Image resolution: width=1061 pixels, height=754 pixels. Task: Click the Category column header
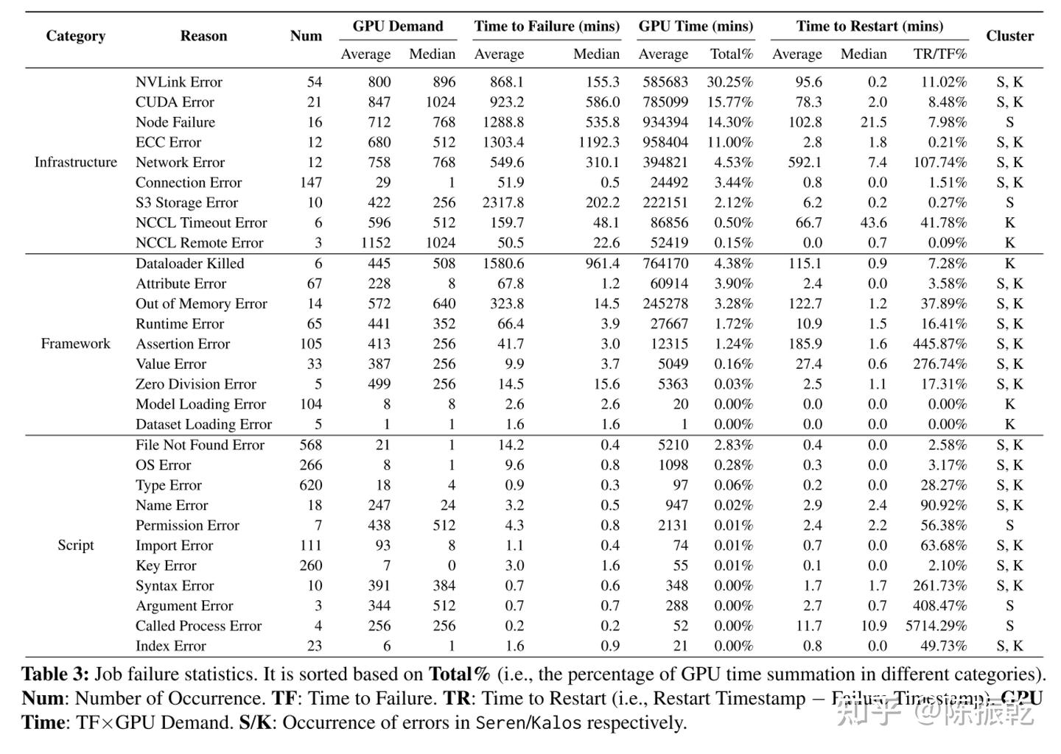coord(75,36)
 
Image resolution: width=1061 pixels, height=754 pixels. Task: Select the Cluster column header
coord(1009,36)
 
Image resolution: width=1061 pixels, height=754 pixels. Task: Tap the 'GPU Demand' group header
coord(398,27)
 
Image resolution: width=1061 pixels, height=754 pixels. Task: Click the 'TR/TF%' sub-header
coord(939,54)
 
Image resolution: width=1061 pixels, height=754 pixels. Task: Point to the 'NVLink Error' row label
coord(178,82)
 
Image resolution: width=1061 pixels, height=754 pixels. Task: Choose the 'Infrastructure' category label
coord(75,162)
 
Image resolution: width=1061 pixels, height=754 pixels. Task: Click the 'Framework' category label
coord(75,343)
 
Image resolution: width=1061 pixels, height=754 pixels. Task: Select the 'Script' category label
coord(75,545)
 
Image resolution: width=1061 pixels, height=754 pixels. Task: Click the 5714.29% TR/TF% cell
coord(936,626)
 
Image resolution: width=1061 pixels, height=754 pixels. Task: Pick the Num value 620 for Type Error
coord(310,485)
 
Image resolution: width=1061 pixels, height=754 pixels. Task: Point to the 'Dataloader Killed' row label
coord(189,264)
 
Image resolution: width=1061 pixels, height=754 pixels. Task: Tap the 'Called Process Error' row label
coord(198,626)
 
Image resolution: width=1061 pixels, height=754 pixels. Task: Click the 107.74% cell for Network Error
coord(939,162)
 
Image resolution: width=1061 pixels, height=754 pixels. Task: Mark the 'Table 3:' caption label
coord(55,674)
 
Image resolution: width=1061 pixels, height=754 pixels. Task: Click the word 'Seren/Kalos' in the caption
coord(528,722)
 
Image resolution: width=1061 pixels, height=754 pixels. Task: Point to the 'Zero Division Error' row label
coord(195,384)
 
